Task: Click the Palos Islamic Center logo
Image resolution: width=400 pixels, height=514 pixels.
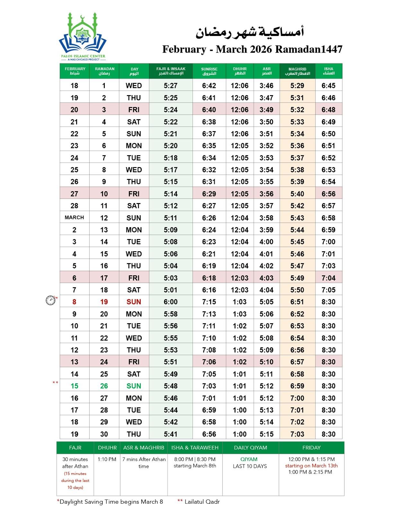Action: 83,36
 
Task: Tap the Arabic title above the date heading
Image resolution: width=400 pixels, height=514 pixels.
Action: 250,32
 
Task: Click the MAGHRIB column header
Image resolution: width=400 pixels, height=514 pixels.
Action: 297,71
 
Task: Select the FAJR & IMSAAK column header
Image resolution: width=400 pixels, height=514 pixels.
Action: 171,71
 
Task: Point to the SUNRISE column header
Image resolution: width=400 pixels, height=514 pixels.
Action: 209,71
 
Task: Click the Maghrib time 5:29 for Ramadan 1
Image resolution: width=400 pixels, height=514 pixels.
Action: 297,85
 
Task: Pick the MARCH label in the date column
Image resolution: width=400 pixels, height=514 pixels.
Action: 74,217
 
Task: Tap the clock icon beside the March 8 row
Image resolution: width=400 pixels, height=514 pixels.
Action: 50,300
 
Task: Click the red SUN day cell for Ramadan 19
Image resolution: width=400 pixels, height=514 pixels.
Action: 134,302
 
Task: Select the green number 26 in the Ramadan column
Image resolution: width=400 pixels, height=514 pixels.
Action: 104,386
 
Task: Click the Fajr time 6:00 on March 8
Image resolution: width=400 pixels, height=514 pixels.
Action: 171,302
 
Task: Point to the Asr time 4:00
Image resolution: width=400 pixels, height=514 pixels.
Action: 266,242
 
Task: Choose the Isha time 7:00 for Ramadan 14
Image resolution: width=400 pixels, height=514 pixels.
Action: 328,242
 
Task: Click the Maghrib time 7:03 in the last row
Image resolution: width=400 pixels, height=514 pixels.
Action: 297,434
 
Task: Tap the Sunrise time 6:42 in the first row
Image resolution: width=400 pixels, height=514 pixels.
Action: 209,85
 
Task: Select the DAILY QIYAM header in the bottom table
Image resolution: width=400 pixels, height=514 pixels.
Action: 250,448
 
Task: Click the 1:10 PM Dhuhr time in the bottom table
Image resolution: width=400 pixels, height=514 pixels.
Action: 107,459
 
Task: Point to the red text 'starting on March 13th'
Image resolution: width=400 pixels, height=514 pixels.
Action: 311,465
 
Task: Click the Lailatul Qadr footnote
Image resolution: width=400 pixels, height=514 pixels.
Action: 202,501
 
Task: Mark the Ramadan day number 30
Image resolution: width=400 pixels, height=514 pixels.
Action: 104,434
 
